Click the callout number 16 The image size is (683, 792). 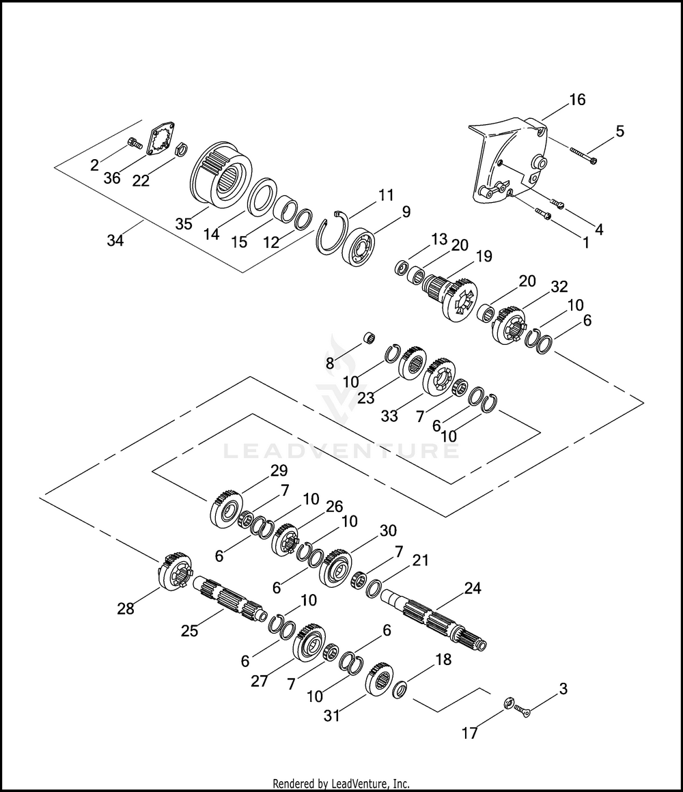577,100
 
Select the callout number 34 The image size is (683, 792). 115,240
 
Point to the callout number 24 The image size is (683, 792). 473,588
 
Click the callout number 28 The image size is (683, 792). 126,608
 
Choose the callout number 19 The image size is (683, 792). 484,257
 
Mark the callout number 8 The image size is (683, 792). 330,364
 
